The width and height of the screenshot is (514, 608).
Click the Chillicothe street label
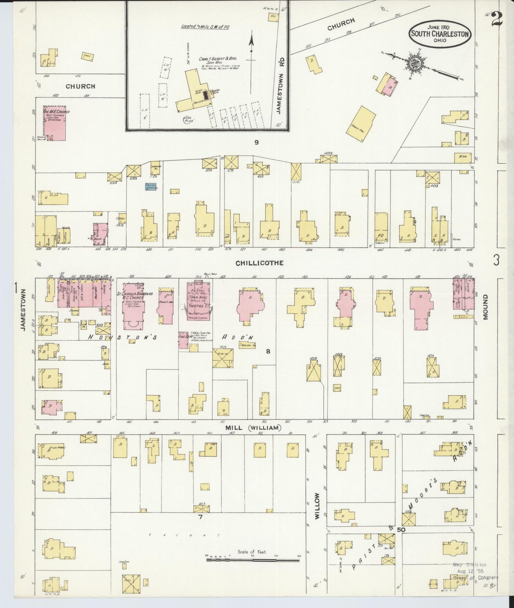click(x=259, y=263)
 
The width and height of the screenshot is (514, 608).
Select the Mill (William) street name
click(x=253, y=428)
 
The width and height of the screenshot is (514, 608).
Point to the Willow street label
click(x=317, y=506)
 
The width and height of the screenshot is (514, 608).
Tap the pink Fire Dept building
click(x=183, y=340)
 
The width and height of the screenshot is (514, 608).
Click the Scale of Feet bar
click(x=253, y=560)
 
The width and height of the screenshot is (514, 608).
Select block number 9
click(x=256, y=143)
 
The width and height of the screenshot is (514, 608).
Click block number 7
click(x=200, y=517)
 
